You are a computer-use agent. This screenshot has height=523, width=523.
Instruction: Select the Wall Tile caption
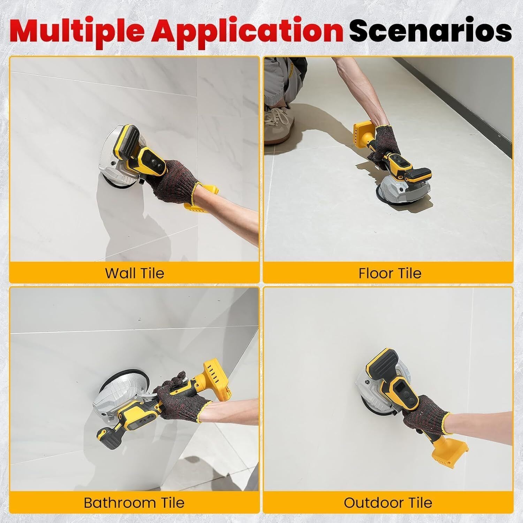click(135, 273)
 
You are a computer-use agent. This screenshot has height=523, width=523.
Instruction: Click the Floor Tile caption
click(390, 273)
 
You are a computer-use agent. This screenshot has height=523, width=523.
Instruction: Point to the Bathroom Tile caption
click(134, 503)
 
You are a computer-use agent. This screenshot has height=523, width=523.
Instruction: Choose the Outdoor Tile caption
click(388, 503)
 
